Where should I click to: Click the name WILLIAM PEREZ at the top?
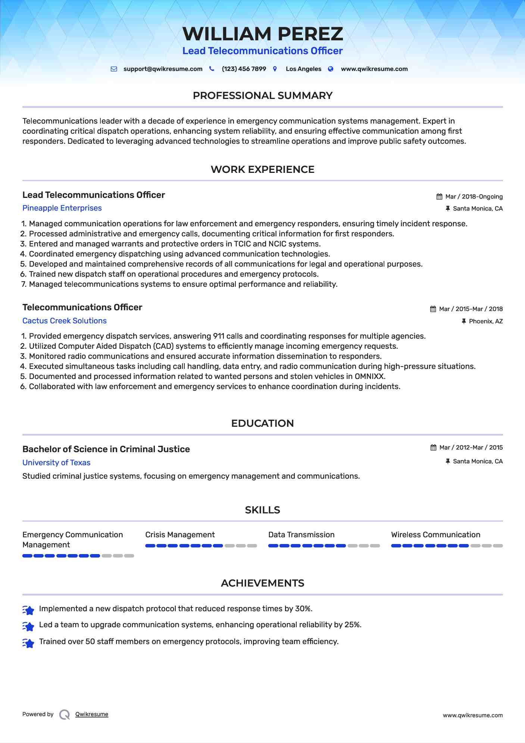point(262,34)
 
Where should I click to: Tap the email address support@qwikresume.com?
point(163,69)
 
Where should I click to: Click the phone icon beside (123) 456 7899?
point(212,69)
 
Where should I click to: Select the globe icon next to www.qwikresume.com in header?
point(331,69)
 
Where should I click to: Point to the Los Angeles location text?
point(303,69)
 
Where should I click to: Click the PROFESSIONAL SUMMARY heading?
point(262,96)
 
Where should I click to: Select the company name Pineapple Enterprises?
point(62,208)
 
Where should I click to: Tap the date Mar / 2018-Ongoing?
point(474,197)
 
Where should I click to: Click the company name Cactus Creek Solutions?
point(64,321)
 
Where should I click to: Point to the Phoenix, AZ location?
point(485,321)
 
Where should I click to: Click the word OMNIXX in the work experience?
point(369,376)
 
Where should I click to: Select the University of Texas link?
point(56,463)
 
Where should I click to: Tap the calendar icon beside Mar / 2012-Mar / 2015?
point(433,448)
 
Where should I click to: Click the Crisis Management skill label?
point(180,535)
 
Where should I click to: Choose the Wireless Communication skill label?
point(435,535)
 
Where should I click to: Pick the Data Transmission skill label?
point(301,535)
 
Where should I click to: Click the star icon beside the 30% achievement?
point(28,610)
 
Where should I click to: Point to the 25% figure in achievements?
point(353,625)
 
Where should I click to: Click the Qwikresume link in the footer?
point(92,714)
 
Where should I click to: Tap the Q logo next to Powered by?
point(65,715)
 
